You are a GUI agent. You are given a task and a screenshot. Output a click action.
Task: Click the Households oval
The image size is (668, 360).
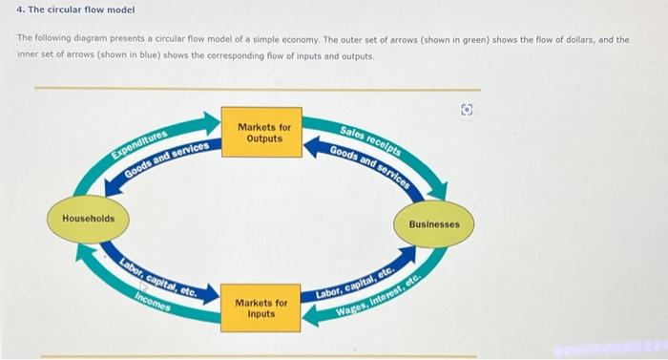[88, 219]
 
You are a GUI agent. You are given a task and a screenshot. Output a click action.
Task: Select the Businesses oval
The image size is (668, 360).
[433, 224]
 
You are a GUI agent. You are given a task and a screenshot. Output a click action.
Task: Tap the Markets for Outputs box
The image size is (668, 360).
[264, 133]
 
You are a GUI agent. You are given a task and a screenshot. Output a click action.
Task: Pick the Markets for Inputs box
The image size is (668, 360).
[261, 307]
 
